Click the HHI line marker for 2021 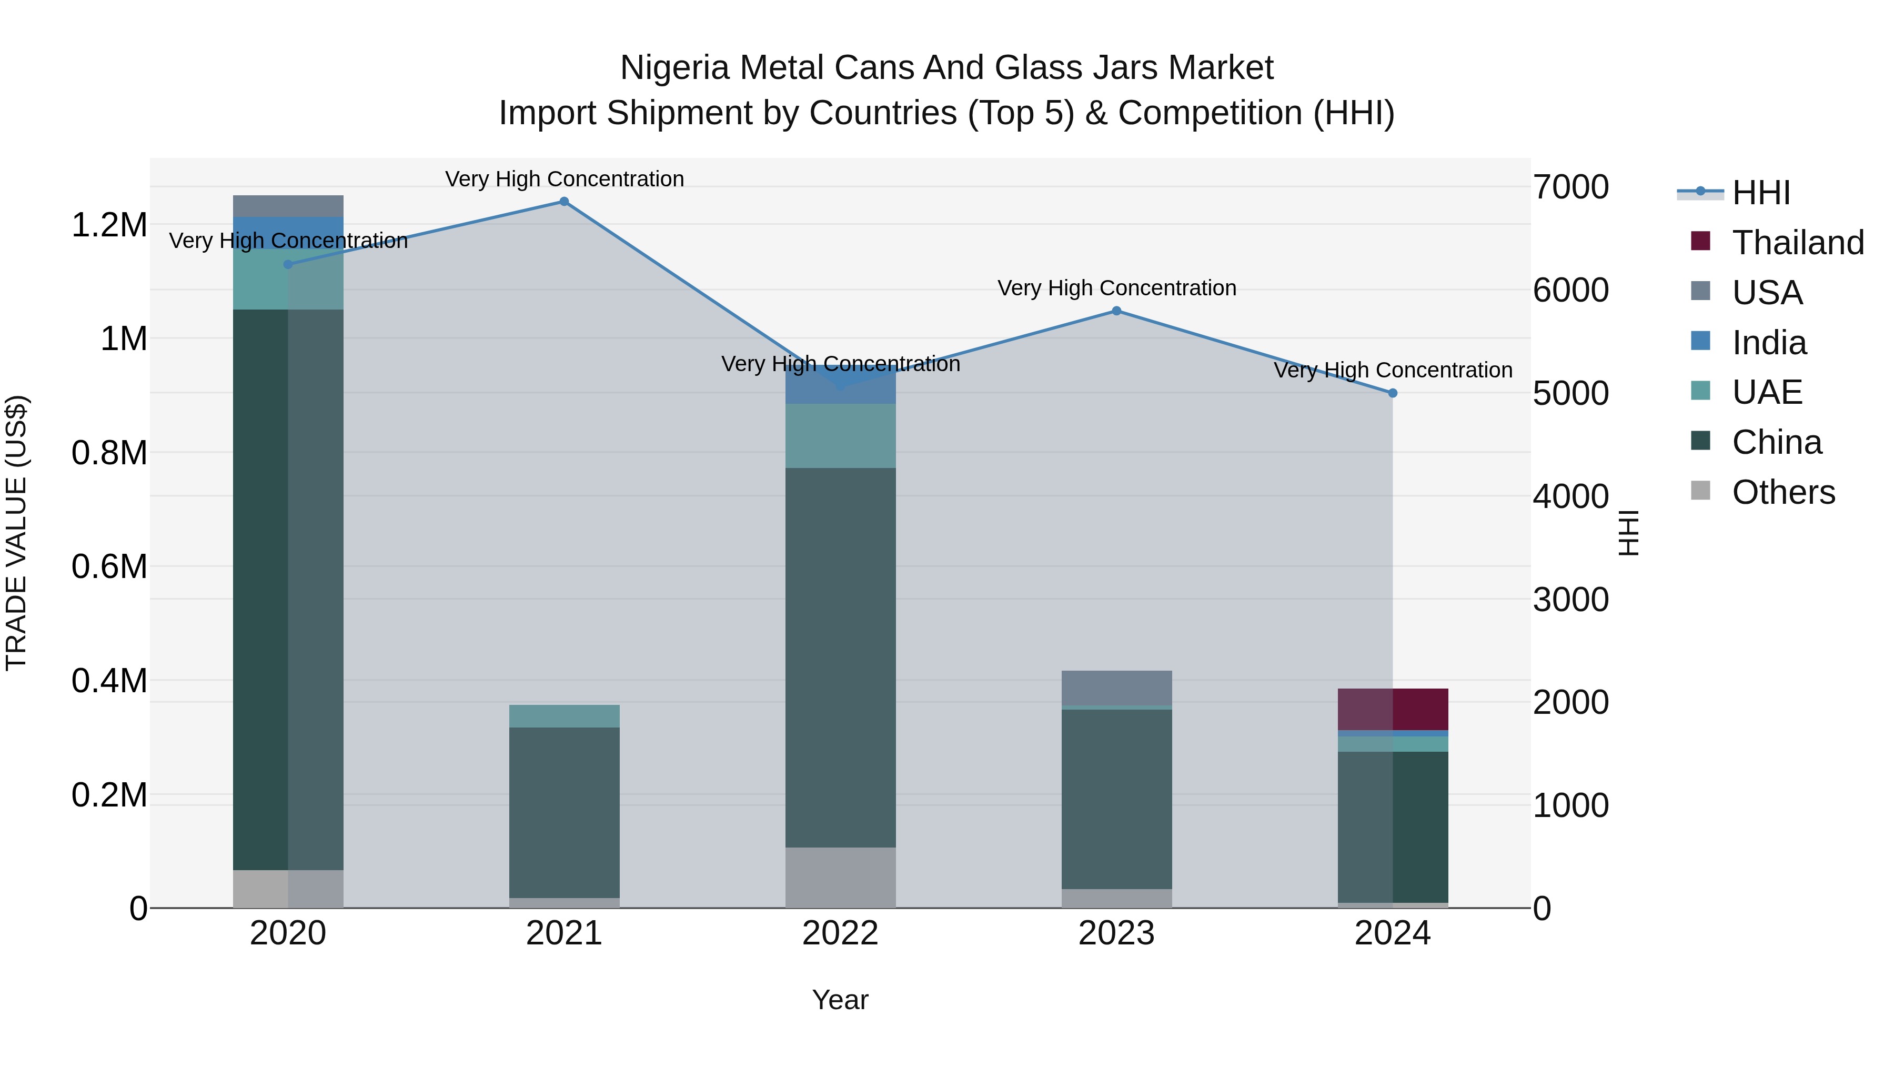pos(564,202)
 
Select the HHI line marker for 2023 pos(1116,311)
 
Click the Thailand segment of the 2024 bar pos(1393,709)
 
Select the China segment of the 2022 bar pos(840,657)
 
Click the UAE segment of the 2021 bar pos(564,716)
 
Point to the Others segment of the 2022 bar pos(840,877)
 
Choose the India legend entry pos(1768,343)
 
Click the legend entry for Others pos(1782,492)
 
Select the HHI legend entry pos(1760,193)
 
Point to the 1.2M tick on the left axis pos(109,225)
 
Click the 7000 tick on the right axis pos(1570,187)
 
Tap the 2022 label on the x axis pos(840,933)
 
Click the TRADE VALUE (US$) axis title pos(16,533)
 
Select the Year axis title pos(840,1000)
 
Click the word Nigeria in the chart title pos(675,68)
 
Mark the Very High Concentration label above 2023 pos(1116,287)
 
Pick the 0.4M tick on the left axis pos(109,681)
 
